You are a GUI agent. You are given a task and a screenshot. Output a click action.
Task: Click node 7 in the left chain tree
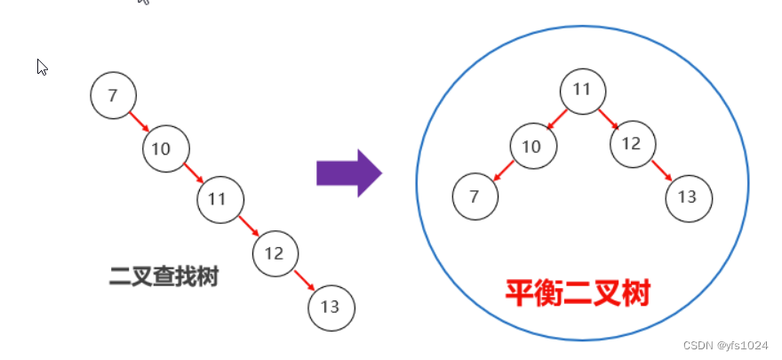[x=113, y=96]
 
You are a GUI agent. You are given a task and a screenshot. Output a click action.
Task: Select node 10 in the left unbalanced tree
[x=166, y=148]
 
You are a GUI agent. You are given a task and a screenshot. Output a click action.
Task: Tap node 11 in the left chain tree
[x=219, y=199]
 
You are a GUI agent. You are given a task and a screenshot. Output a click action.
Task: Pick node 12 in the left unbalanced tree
[x=275, y=254]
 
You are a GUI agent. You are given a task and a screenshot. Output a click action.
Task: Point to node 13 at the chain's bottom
[x=331, y=308]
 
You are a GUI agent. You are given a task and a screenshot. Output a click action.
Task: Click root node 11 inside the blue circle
[x=582, y=90]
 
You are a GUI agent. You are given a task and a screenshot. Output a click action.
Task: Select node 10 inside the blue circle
[x=532, y=146]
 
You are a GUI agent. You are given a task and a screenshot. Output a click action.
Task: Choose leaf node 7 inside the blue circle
[x=475, y=197]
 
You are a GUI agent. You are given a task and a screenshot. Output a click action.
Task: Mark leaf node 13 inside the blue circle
[x=688, y=196]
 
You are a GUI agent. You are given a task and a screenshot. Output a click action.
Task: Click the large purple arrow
[x=348, y=172]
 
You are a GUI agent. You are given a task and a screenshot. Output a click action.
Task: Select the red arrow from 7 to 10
[x=140, y=122]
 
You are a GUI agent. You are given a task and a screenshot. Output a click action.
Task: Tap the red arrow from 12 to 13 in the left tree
[x=303, y=281]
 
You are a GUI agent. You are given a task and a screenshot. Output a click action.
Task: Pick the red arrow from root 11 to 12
[x=608, y=116]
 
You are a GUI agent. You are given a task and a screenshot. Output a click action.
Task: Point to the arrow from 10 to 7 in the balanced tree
[x=504, y=172]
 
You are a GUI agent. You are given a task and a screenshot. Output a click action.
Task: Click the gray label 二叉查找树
[x=164, y=276]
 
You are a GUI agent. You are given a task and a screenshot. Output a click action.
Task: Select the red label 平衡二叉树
[x=578, y=292]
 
